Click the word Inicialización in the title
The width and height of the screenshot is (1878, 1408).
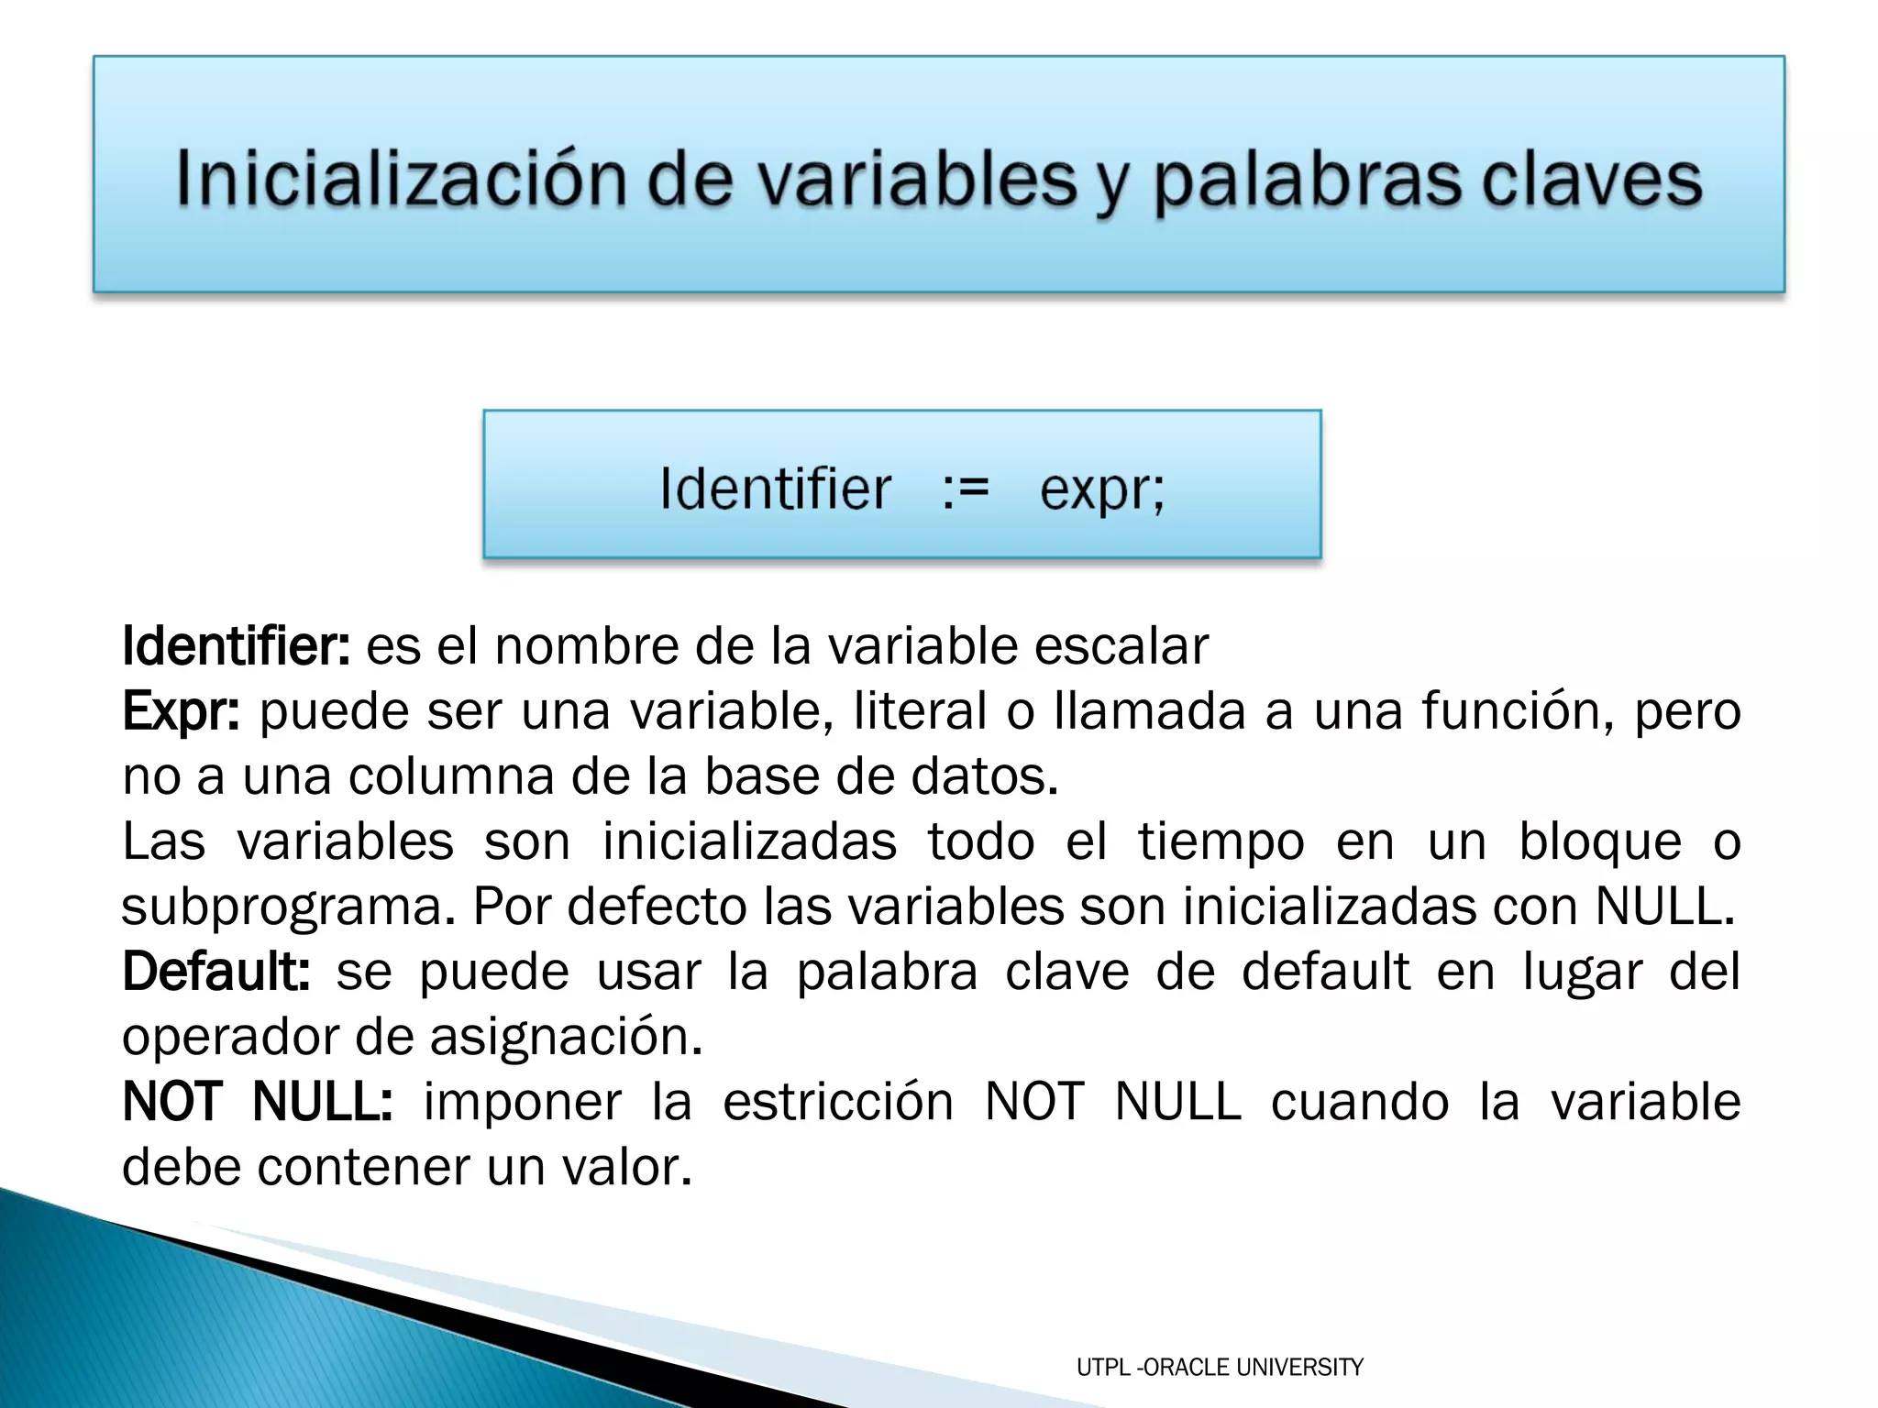399,179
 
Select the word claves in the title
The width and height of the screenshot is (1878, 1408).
1592,179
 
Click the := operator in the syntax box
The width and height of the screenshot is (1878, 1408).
966,489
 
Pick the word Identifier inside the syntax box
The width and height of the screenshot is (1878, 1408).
775,489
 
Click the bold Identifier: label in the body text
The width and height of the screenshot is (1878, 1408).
236,646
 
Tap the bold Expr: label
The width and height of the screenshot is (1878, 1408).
181,712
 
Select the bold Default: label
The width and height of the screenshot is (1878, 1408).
216,972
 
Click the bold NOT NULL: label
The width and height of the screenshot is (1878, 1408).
258,1102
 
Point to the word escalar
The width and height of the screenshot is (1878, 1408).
1121,646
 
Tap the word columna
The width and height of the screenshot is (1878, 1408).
450,776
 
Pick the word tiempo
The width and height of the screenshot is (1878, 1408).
1221,841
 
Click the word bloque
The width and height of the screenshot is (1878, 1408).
1600,841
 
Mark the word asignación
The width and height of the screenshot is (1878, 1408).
566,1038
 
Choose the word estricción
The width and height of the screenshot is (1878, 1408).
838,1102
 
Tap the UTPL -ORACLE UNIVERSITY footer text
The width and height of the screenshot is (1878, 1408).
1220,1368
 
